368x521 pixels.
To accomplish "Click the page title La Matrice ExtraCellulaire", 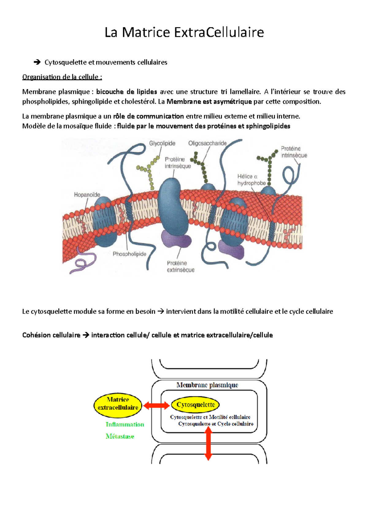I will pyautogui.click(x=184, y=32).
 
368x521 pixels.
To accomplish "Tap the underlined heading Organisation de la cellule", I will pyautogui.click(x=62, y=77).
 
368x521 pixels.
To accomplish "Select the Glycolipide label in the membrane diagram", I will pyautogui.click(x=162, y=143).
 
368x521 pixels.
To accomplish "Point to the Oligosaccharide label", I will pyautogui.click(x=207, y=143).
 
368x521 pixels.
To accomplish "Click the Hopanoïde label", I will pyautogui.click(x=87, y=195).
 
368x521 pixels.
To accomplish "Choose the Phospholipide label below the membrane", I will pyautogui.click(x=129, y=254).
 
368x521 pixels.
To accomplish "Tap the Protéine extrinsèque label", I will pyautogui.click(x=180, y=267).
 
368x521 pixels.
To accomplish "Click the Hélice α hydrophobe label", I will pyautogui.click(x=251, y=180).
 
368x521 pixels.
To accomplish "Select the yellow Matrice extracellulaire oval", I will pyautogui.click(x=118, y=405).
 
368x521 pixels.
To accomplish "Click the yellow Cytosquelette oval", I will pyautogui.click(x=195, y=405).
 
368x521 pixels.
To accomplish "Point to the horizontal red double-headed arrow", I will pyautogui.click(x=156, y=406).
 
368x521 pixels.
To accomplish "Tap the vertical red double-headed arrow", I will pyautogui.click(x=209, y=443).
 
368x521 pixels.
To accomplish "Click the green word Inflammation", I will pyautogui.click(x=125, y=424).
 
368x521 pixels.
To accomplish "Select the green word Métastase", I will pyautogui.click(x=120, y=436).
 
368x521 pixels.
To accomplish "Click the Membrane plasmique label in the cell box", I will pyautogui.click(x=207, y=385).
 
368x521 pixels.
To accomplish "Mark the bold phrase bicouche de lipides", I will pyautogui.click(x=126, y=92).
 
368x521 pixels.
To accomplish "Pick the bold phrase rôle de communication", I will pyautogui.click(x=148, y=116).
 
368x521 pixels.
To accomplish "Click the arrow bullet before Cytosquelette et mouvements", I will pyautogui.click(x=37, y=63).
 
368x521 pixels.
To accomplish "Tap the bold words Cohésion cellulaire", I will pyautogui.click(x=51, y=335).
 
